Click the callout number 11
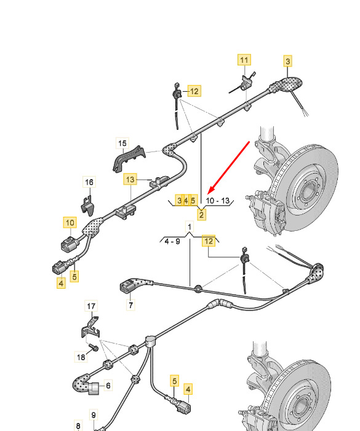click(x=244, y=60)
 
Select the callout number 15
click(x=122, y=143)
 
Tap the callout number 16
click(x=89, y=182)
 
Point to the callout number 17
click(x=91, y=306)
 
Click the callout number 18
click(x=81, y=357)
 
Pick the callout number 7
click(x=130, y=305)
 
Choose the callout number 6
click(x=108, y=385)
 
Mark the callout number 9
click(x=94, y=415)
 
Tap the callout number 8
click(x=78, y=426)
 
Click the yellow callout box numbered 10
click(x=70, y=222)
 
